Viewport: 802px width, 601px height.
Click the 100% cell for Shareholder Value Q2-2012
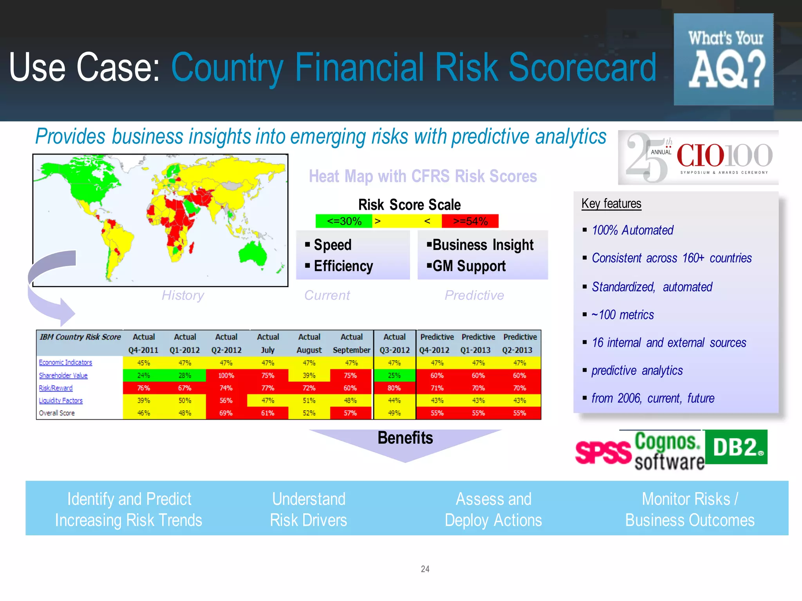tap(226, 376)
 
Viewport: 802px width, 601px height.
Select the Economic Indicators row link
tap(65, 363)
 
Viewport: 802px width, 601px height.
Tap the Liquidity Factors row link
tap(61, 401)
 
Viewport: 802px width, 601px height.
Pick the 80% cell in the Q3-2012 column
tap(394, 388)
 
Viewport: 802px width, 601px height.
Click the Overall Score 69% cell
tap(226, 413)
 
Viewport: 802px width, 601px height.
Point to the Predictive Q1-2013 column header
tap(478, 343)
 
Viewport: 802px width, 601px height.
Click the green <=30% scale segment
tap(344, 221)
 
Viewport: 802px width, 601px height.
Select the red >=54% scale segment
tap(470, 221)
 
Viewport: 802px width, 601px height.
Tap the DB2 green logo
tap(736, 447)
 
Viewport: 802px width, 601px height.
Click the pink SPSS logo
tap(603, 452)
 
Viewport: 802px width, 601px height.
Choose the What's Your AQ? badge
tap(724, 59)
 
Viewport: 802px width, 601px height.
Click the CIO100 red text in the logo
tap(701, 156)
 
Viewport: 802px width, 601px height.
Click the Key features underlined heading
tap(611, 203)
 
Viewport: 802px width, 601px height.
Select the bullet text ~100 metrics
tap(623, 315)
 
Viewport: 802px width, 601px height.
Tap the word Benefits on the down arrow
tap(405, 438)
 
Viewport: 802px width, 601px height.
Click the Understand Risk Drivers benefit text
tap(309, 509)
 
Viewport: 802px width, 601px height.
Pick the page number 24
tap(425, 569)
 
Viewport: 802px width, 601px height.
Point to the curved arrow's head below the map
tap(67, 312)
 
